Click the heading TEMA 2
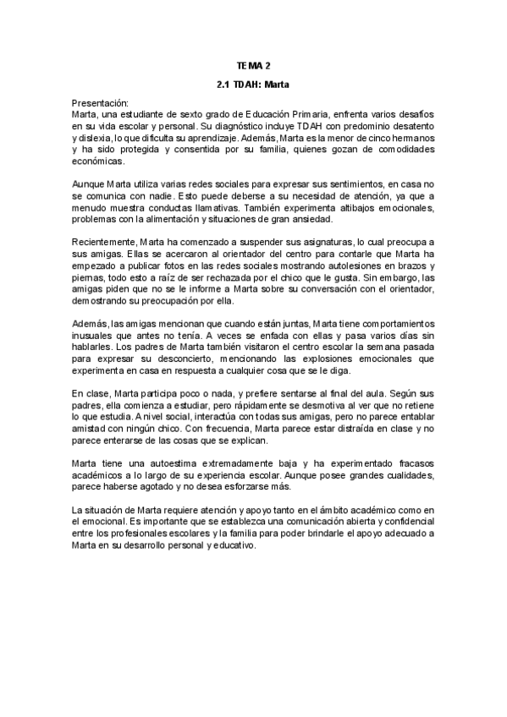pyautogui.click(x=254, y=65)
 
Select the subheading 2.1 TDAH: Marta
pyautogui.click(x=254, y=85)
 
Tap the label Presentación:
pyautogui.click(x=101, y=101)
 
